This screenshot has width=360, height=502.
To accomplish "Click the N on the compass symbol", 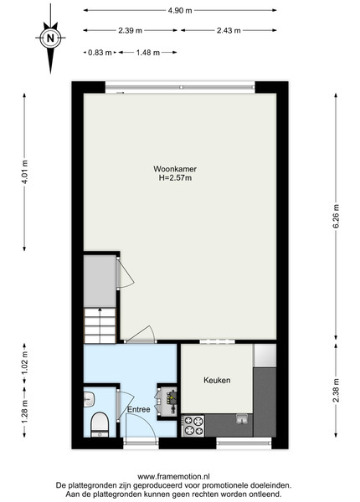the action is pos(50,38).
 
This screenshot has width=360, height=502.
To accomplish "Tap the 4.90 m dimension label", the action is pos(180,11).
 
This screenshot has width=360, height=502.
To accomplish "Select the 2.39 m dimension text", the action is pos(130,30).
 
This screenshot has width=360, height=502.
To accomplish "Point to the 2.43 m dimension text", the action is pos(229,30).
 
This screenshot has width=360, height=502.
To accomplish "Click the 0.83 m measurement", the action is pos(100,52).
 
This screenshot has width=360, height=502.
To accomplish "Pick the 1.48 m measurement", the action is pos(148,52).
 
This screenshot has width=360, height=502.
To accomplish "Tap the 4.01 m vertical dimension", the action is pos(25,172).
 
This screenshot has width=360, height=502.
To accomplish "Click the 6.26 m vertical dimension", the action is pos(336,217).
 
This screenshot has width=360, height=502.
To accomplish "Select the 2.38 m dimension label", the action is pos(336,390).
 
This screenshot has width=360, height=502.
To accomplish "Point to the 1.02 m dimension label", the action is pos(25,363).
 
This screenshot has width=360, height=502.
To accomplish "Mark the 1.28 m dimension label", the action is pos(25,412).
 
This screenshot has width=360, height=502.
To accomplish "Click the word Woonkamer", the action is pos(175,169).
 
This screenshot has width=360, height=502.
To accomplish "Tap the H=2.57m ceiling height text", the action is pos(175,177).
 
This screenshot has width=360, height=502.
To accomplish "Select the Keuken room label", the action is pos(217,380).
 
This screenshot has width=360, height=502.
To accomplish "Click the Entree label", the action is pos(139,409).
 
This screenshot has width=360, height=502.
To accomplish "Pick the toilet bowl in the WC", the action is pos(100,424).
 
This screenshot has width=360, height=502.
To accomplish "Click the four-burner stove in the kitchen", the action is pos(193,426).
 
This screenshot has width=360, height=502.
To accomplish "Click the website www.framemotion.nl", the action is pos(173,477).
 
